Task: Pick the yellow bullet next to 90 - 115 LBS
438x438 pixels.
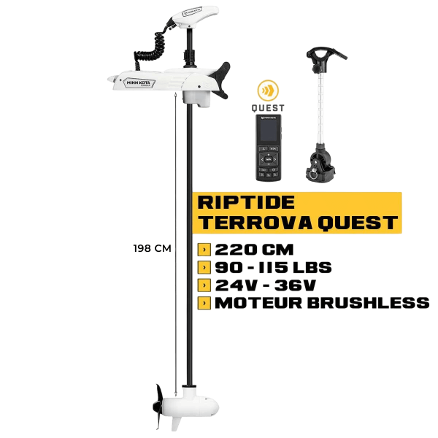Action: click(201, 267)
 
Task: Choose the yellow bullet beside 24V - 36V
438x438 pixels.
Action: click(201, 284)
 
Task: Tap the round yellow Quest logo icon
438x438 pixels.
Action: click(267, 93)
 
